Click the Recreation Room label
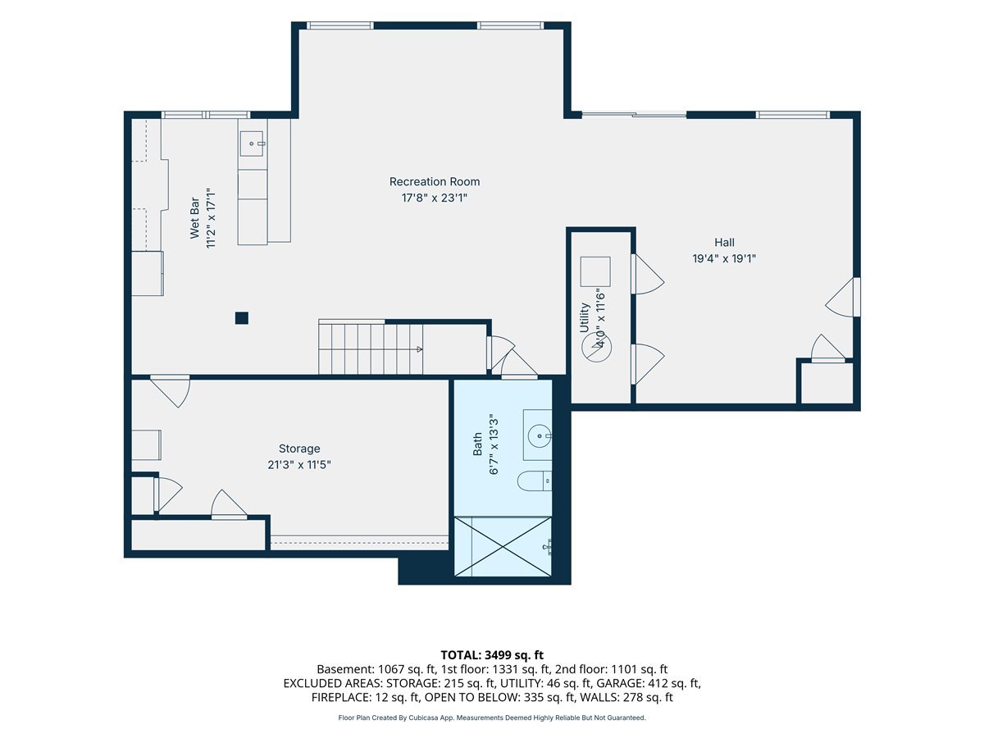pos(434,181)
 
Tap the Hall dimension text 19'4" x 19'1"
pos(724,258)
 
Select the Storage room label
pos(299,449)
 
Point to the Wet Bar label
pos(194,218)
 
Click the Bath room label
pos(477,444)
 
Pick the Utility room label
pos(584,317)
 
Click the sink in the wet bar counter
pos(253,143)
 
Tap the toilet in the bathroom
pos(535,481)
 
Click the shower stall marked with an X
pos(503,546)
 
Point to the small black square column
pos(242,318)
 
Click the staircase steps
pos(371,349)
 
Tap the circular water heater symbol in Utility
pos(597,347)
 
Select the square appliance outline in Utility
pos(595,271)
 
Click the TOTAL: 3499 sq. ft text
pos(492,655)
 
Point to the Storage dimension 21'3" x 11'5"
pos(299,465)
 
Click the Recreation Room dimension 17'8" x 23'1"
pos(434,198)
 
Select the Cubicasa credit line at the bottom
pos(492,717)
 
